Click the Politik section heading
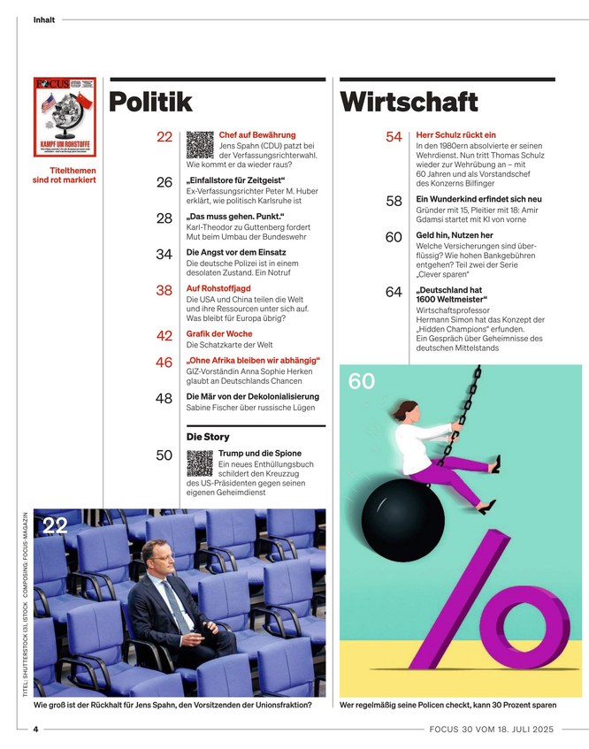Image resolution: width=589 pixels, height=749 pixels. pyautogui.click(x=150, y=103)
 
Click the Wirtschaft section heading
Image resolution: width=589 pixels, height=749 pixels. pyautogui.click(x=409, y=103)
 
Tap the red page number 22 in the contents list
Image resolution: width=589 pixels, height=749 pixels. pyautogui.click(x=164, y=136)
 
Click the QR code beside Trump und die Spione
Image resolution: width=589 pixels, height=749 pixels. pyautogui.click(x=200, y=462)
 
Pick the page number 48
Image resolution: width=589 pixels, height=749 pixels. pyautogui.click(x=164, y=399)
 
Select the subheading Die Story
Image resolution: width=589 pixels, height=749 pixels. pyautogui.click(x=208, y=437)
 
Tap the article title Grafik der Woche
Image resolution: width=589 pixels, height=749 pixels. pyautogui.click(x=219, y=334)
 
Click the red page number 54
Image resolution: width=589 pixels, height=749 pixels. pyautogui.click(x=394, y=136)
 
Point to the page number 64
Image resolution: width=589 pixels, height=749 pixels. pyautogui.click(x=394, y=293)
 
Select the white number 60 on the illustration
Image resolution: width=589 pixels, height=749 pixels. pyautogui.click(x=361, y=382)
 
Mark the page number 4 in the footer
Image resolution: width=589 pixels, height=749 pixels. pyautogui.click(x=35, y=729)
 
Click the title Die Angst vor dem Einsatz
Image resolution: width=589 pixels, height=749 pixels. pyautogui.click(x=235, y=253)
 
